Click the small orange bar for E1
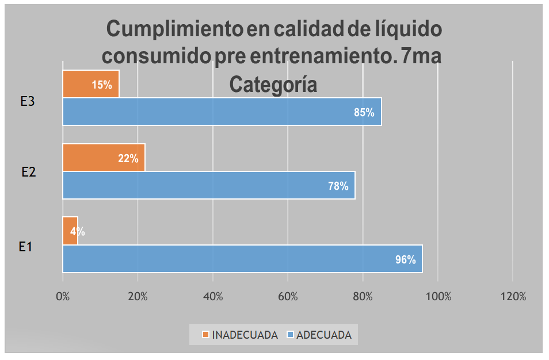[70, 230]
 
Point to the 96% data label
[405, 259]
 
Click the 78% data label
[338, 186]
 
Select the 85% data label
[364, 113]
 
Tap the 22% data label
[128, 159]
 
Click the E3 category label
[28, 101]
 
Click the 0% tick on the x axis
[62, 297]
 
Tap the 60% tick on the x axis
[288, 297]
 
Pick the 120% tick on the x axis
[513, 297]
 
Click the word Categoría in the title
[273, 85]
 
